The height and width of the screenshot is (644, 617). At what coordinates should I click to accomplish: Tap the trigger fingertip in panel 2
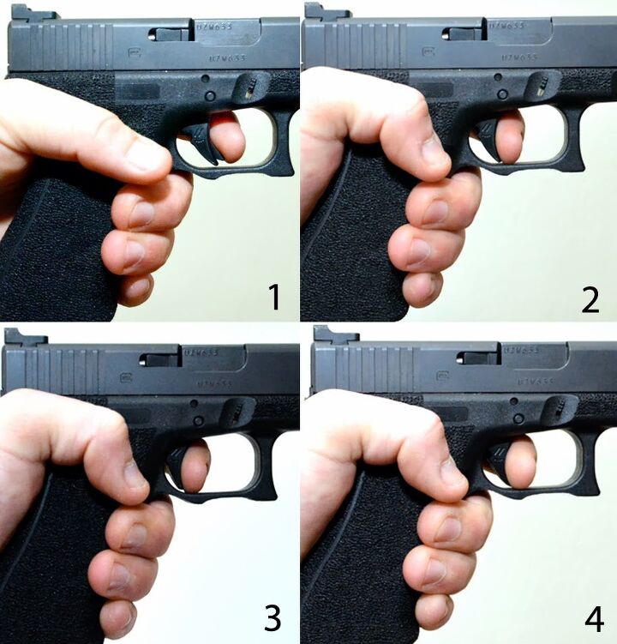[x=509, y=137]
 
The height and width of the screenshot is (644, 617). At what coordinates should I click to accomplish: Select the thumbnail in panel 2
[x=435, y=153]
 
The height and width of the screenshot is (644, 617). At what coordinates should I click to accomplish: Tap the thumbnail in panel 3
[x=135, y=477]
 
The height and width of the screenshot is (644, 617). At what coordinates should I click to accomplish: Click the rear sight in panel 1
[x=31, y=13]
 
